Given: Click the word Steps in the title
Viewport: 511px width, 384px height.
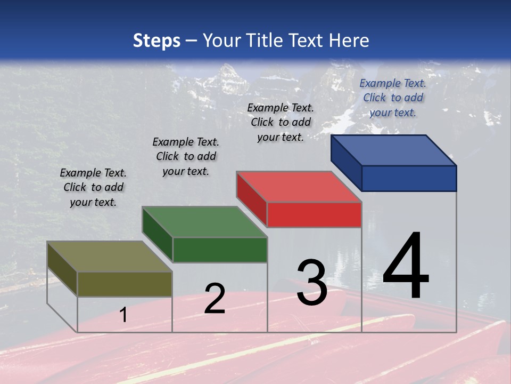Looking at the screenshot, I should [156, 41].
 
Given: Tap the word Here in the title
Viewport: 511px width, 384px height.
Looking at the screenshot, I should [349, 41].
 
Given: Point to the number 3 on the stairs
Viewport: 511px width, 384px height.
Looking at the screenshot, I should [311, 283].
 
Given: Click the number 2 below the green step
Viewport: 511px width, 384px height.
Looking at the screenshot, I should [215, 298].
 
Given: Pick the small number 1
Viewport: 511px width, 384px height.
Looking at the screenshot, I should [123, 315].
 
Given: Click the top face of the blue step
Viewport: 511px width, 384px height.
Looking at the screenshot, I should [393, 150].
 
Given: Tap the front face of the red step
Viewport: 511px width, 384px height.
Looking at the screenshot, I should [314, 214].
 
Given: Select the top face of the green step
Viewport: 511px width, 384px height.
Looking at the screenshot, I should [204, 222].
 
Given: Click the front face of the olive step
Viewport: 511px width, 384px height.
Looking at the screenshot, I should [125, 284].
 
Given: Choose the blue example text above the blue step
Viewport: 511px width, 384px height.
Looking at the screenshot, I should [393, 98].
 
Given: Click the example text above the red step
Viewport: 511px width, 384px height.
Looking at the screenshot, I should [281, 122].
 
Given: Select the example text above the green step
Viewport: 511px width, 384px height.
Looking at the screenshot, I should [186, 156].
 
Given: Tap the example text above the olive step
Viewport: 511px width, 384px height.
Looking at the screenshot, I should [93, 187].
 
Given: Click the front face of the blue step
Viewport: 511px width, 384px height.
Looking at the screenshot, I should [409, 178].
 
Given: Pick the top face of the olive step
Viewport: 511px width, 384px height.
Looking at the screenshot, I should [109, 257].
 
